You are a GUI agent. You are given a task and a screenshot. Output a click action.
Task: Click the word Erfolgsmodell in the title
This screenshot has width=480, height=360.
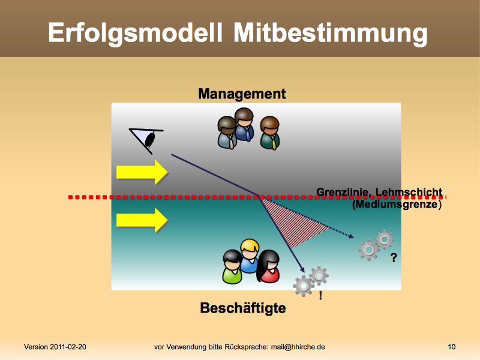click(x=135, y=33)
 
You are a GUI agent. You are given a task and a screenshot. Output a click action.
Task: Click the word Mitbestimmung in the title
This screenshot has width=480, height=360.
click(x=331, y=33)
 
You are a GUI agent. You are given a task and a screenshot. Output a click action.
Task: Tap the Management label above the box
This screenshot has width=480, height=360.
click(x=242, y=94)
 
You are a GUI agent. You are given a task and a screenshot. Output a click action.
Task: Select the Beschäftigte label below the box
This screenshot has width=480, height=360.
click(x=243, y=308)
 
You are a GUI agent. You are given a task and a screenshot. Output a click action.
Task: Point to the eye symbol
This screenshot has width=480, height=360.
click(x=146, y=140)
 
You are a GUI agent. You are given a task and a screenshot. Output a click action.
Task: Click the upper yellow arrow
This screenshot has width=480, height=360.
click(x=142, y=172)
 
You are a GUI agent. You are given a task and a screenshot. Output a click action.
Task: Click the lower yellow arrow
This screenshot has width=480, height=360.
click(x=142, y=220)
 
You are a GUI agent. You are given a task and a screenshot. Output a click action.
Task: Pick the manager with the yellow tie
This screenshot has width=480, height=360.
click(x=270, y=133)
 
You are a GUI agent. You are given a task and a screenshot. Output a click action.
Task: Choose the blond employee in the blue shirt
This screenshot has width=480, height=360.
click(x=250, y=256)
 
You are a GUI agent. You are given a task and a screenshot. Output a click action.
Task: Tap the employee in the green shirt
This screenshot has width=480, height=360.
click(x=232, y=266)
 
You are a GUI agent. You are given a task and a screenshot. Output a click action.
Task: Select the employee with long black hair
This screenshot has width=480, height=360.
click(x=268, y=266)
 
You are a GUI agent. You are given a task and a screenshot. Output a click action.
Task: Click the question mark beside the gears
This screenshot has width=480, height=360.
click(x=394, y=258)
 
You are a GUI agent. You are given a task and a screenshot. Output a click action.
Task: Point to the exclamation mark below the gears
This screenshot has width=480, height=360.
click(x=320, y=295)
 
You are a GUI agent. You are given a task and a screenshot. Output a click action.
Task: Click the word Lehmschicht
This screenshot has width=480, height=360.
click(x=409, y=192)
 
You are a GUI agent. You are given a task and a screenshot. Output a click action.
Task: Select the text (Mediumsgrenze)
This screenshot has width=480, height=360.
click(x=397, y=204)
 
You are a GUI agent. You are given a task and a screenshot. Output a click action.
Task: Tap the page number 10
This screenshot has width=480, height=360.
click(x=452, y=347)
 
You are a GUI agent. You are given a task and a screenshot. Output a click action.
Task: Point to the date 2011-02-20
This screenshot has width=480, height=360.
click(x=68, y=347)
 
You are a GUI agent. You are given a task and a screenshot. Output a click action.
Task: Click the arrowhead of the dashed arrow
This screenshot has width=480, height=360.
click(x=351, y=236)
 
